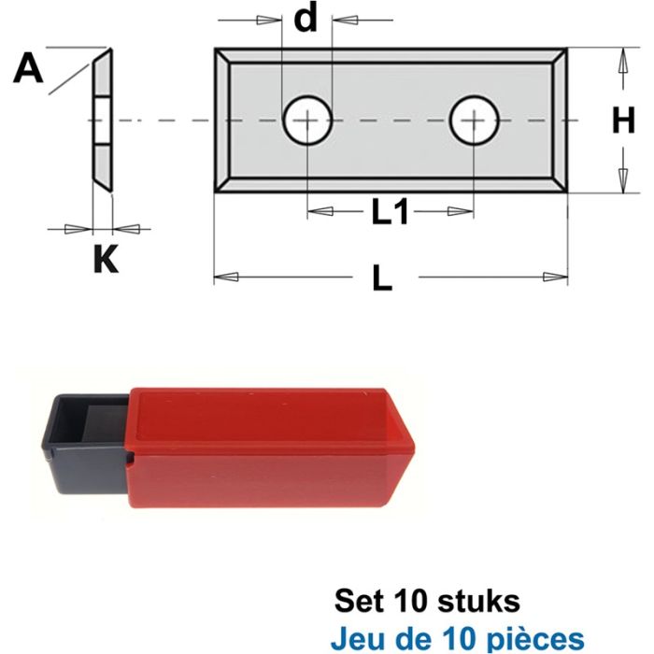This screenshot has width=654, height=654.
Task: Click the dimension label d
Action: tap(306, 19)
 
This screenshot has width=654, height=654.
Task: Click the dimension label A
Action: tap(30, 68)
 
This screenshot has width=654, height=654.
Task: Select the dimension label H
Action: tap(624, 121)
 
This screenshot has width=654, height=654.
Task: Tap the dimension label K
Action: tap(106, 259)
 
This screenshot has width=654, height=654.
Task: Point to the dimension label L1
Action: tap(391, 213)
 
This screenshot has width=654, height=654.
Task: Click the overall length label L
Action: tap(381, 277)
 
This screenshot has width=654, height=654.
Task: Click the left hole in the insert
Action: tap(307, 121)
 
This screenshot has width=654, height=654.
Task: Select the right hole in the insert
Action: tap(474, 121)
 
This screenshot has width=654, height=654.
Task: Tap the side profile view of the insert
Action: tap(102, 121)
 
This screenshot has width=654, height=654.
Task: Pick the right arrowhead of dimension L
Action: tap(557, 277)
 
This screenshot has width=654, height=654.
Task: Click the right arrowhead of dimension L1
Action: tap(462, 213)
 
